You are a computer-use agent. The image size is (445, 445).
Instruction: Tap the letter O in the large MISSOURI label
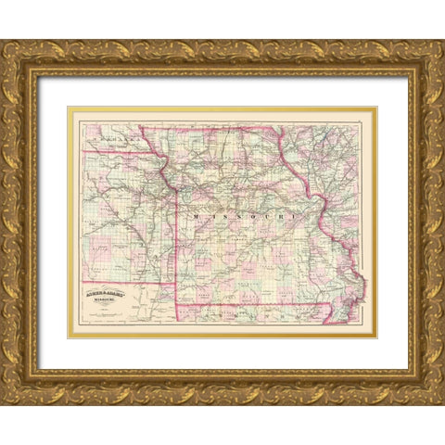(245, 214)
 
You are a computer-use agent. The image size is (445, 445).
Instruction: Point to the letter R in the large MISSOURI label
(280, 214)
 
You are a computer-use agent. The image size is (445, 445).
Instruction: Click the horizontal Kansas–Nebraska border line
(121, 151)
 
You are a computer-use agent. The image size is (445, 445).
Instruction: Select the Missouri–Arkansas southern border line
(250, 304)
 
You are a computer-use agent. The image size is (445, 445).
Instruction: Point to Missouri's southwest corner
(176, 303)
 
